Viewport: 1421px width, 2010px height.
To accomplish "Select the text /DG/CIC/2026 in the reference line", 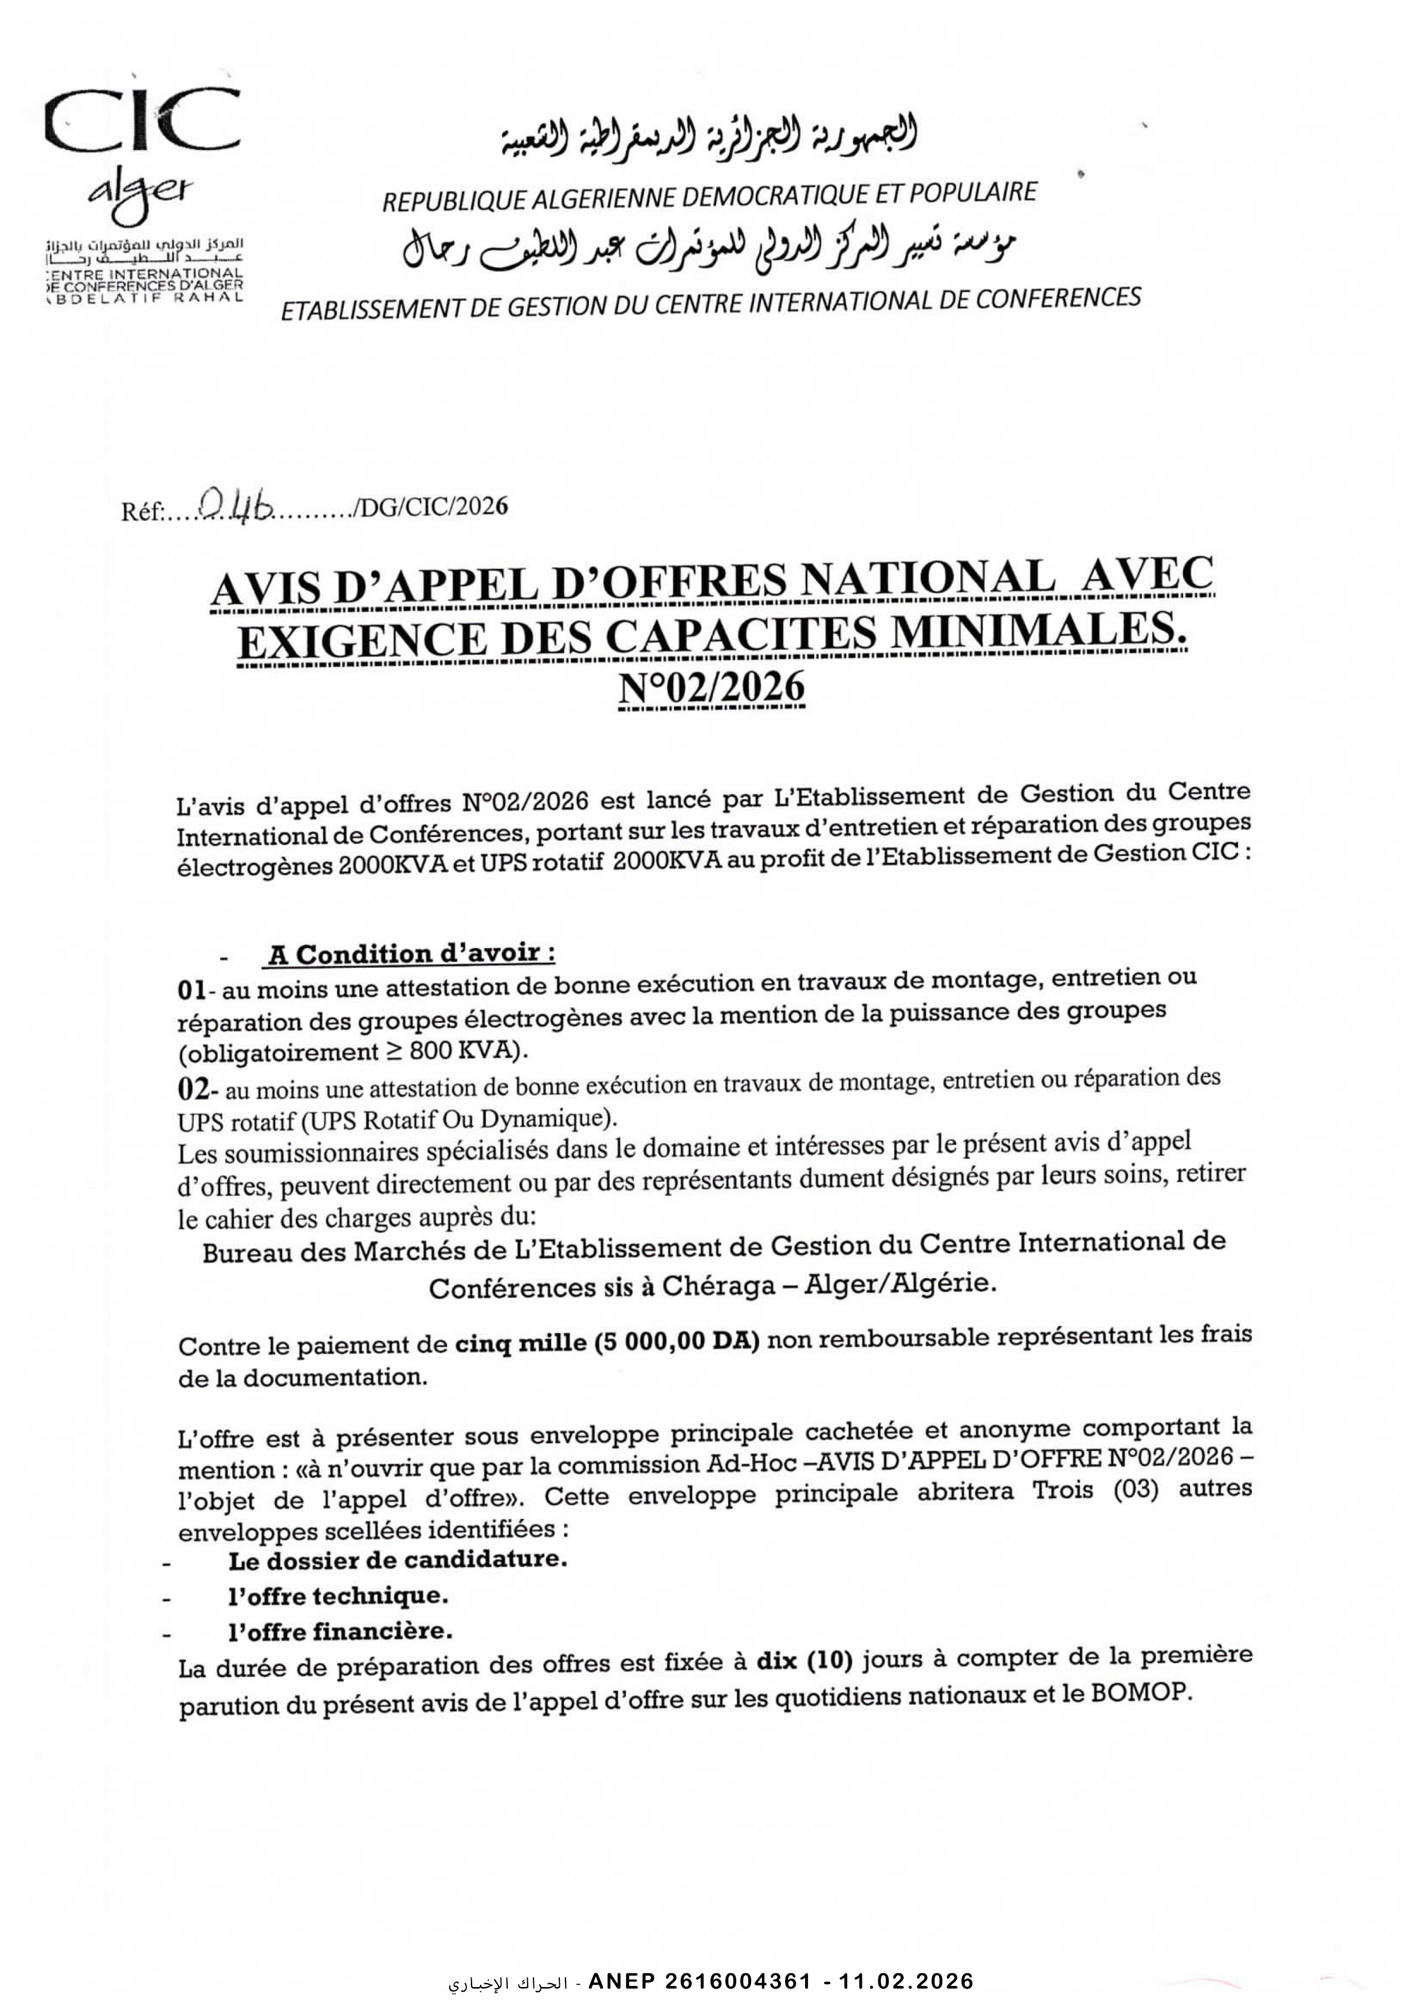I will click(429, 507).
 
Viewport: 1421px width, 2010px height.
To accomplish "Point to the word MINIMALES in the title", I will click(1038, 632).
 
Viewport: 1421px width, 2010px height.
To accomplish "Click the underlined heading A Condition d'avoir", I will click(411, 953).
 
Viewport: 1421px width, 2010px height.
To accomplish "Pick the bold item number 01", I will click(191, 990).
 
